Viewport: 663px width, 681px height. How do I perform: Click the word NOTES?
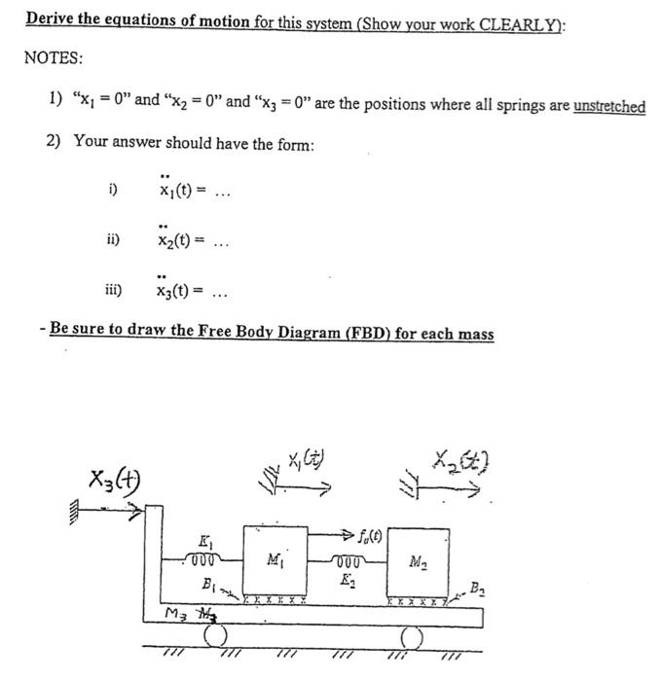tap(54, 58)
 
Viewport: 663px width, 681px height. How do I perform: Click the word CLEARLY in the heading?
tap(510, 19)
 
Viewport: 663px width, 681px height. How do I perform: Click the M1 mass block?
tap(277, 558)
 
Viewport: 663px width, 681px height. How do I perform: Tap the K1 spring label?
tap(205, 542)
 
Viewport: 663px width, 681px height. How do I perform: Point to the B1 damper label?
tap(207, 584)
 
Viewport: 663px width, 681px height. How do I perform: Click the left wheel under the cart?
tap(214, 637)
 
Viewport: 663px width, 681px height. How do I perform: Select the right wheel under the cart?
tap(412, 637)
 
